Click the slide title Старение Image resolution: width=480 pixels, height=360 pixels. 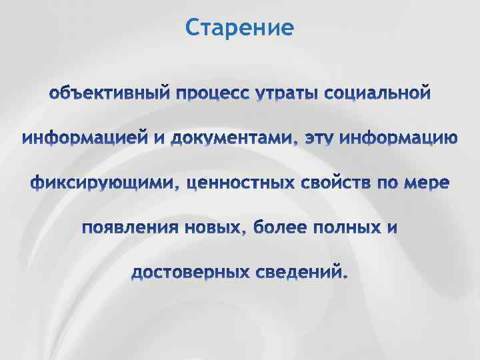[240, 28]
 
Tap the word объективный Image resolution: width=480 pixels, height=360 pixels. [109, 92]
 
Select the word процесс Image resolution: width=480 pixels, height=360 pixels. [209, 93]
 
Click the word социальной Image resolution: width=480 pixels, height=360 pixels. [377, 92]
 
